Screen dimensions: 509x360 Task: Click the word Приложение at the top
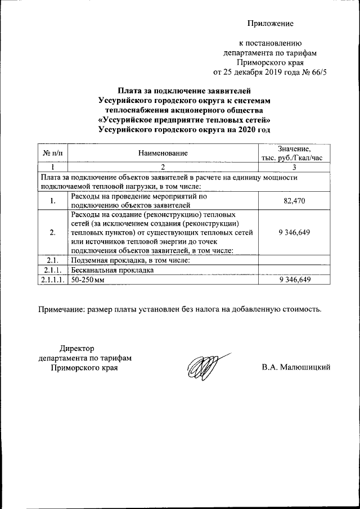[271, 23]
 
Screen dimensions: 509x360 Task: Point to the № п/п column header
[52, 153]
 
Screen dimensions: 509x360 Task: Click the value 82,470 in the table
[294, 201]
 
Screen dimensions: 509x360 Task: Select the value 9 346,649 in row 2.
[294, 232]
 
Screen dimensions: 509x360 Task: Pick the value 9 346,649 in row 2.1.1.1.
[294, 280]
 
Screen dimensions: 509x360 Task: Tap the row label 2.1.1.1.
[52, 280]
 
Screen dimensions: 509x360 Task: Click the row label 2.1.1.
[52, 270]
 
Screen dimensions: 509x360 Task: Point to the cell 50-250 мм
[89, 280]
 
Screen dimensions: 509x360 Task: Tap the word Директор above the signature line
[77, 349]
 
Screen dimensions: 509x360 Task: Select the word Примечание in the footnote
[60, 309]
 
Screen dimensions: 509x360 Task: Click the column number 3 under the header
[294, 167]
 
